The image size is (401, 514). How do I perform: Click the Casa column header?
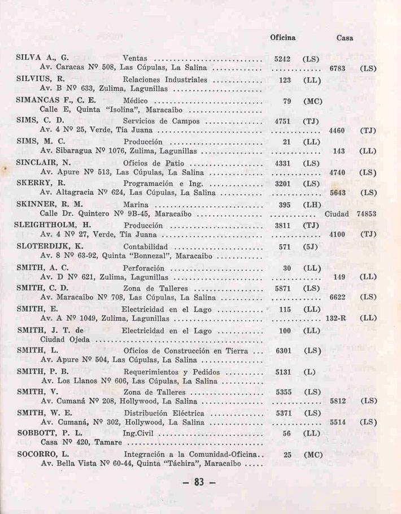pos(345,38)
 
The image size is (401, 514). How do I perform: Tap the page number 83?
pos(200,483)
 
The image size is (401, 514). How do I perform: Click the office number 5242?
pos(282,58)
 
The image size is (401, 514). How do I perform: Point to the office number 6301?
pos(283,351)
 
